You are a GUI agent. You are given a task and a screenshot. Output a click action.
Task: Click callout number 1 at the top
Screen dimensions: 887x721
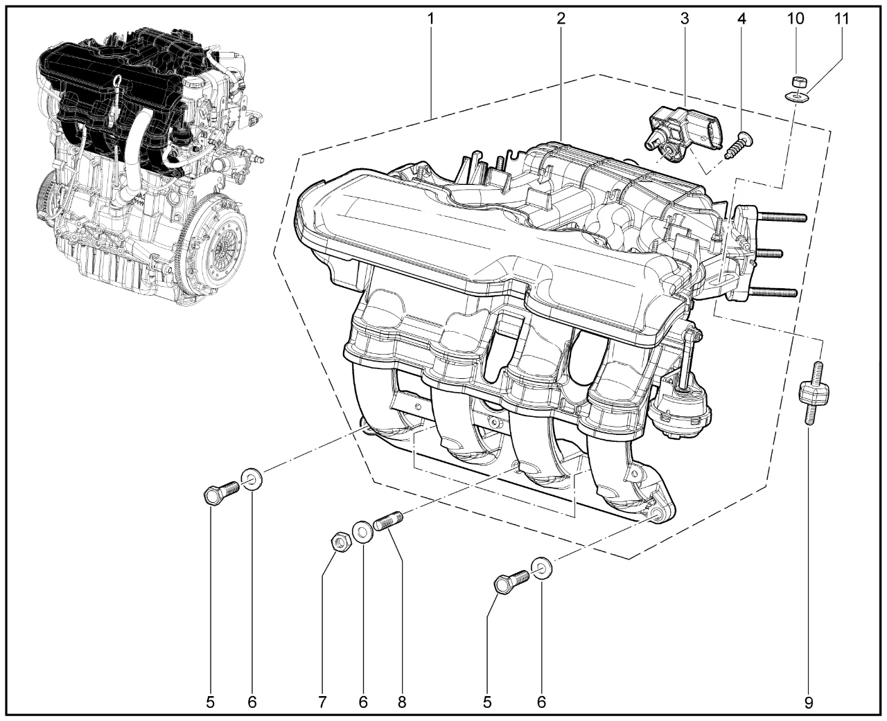pos(431,19)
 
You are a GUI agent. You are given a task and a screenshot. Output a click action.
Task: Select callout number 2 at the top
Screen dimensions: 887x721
pos(561,19)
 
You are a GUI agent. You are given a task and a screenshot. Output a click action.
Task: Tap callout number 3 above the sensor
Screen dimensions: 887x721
pos(685,19)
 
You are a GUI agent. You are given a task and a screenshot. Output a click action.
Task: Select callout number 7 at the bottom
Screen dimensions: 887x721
pos(322,703)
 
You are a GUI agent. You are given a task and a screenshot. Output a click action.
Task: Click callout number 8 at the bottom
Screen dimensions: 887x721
pos(401,703)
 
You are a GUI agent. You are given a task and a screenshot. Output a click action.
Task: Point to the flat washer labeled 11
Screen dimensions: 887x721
pos(796,98)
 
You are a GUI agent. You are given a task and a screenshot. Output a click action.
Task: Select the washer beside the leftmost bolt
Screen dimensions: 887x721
pos(252,480)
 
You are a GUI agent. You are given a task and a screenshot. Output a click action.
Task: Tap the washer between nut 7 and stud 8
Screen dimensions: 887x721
pos(362,533)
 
